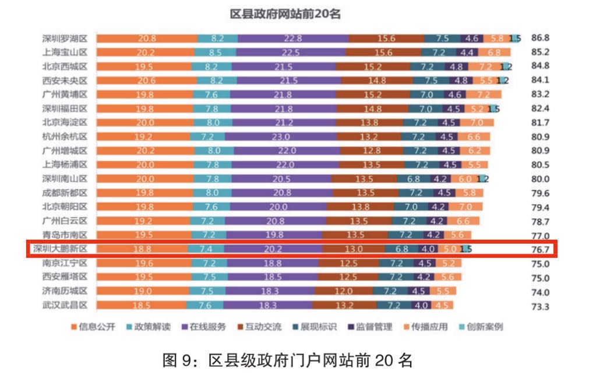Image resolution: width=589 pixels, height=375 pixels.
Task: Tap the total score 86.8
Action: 541,38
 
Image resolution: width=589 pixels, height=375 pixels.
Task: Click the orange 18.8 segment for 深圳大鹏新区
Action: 143,249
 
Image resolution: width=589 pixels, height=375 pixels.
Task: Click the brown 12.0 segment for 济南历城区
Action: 344,290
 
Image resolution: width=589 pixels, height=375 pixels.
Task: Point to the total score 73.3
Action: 541,306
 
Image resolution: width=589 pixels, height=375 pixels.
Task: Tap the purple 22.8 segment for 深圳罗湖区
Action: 293,38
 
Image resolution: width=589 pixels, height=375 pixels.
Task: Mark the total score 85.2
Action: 541,52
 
